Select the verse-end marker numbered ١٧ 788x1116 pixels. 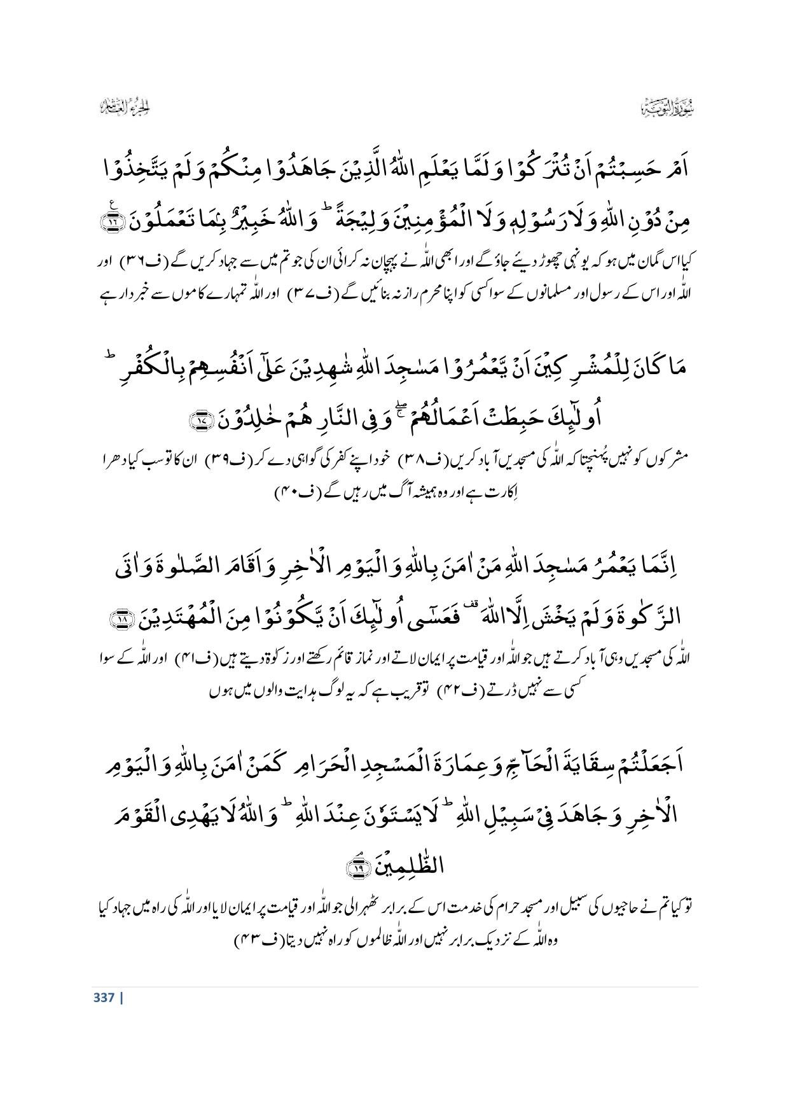202,419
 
